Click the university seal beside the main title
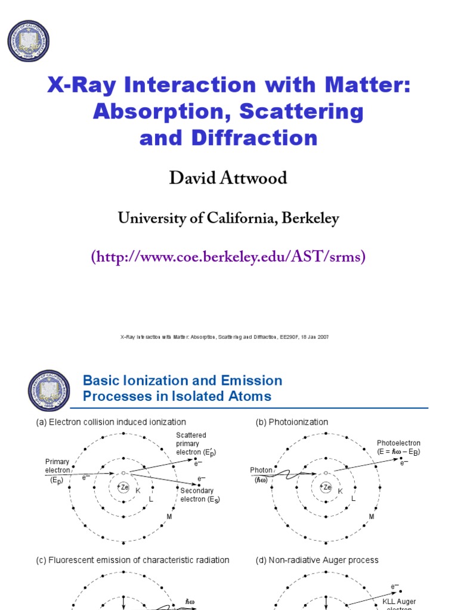[28, 41]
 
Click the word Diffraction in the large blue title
[255, 138]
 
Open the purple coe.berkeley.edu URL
[228, 257]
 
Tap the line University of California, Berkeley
[228, 219]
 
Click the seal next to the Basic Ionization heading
[49, 390]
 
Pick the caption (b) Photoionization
[292, 422]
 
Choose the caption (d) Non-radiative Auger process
[317, 560]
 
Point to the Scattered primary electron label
[194, 444]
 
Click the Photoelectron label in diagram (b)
[398, 447]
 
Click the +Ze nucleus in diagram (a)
[123, 487]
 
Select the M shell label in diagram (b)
[372, 516]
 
